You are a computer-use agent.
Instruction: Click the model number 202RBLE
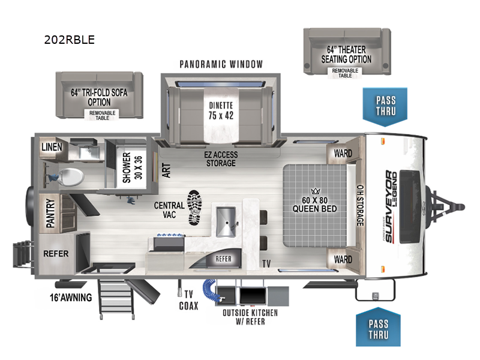[x=70, y=40]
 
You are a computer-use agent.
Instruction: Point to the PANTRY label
[x=50, y=213]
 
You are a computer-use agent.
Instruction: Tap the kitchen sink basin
[x=226, y=220]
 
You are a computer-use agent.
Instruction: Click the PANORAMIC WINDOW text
[x=221, y=64]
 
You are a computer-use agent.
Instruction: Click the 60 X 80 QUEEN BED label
[x=315, y=204]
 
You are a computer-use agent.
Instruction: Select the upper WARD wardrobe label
[x=343, y=154]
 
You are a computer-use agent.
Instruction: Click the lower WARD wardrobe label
[x=343, y=260]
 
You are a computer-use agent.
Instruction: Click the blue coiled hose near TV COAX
[x=212, y=287]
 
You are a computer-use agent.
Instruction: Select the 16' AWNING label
[x=71, y=297]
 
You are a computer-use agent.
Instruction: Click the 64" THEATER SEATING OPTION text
[x=346, y=55]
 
